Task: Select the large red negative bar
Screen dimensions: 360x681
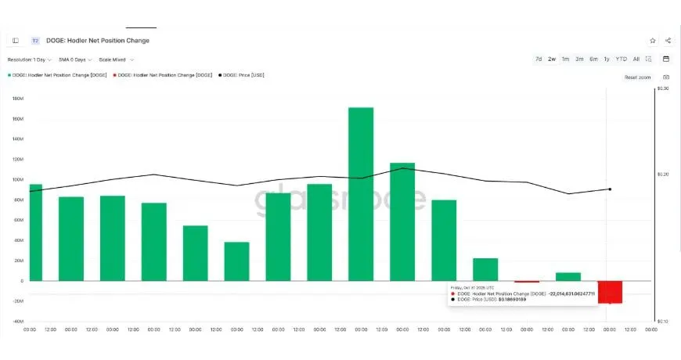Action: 610,292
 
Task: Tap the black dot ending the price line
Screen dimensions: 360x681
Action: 610,189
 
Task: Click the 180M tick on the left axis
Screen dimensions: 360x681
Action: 17,99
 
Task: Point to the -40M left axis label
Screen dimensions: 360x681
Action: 17,321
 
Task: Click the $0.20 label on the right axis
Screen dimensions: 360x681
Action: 663,174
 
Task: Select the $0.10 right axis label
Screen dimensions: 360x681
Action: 663,321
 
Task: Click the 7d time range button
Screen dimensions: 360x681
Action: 539,59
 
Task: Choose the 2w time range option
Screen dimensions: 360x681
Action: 552,59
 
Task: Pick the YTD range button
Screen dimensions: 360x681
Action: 621,59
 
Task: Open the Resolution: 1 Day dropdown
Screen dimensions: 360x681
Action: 30,59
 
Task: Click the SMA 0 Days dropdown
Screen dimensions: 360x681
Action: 75,59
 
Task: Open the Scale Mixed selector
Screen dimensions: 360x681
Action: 116,59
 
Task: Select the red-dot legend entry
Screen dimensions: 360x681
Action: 162,75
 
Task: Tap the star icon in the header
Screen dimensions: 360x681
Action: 652,41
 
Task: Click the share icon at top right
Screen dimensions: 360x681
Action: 668,41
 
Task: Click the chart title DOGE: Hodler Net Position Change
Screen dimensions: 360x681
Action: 99,41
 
